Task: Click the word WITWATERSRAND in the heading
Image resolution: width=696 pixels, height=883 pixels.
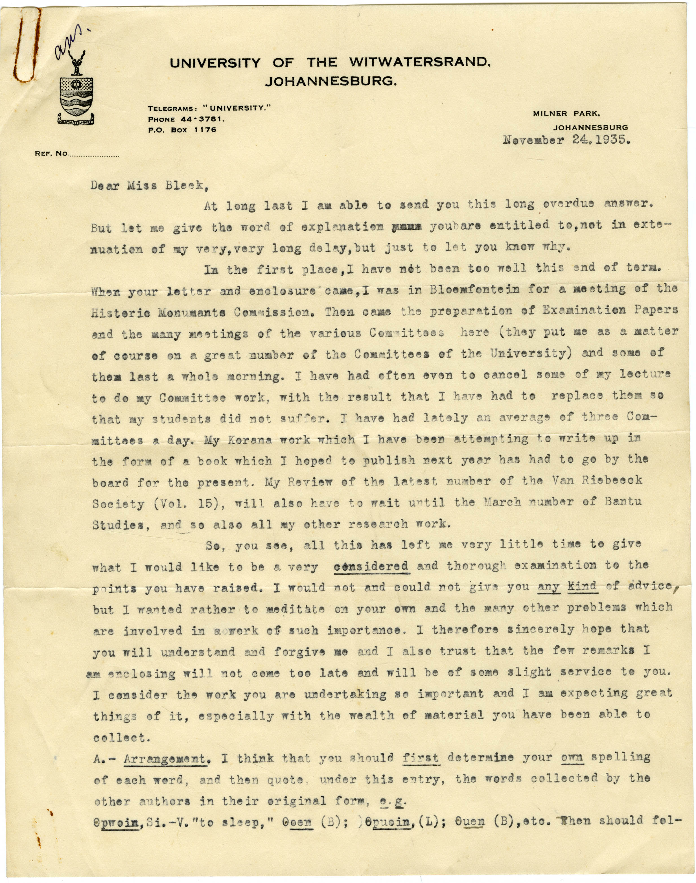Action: (419, 62)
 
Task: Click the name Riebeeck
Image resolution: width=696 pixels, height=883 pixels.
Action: (612, 481)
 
